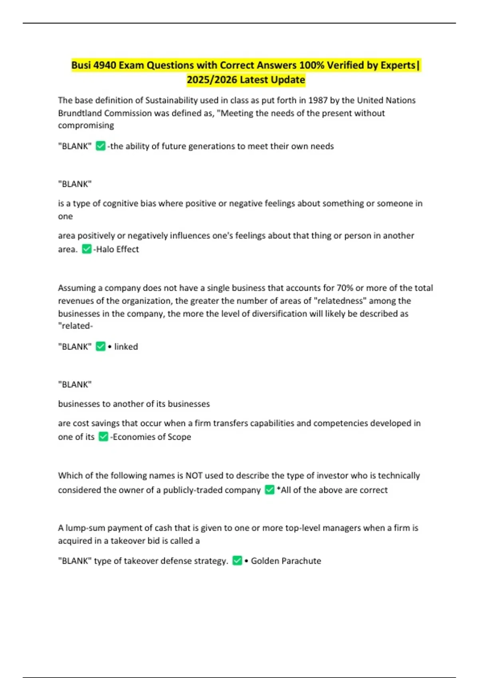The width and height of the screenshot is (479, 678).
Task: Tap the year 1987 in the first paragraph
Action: [318, 100]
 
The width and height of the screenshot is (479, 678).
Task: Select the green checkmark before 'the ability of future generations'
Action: [101, 146]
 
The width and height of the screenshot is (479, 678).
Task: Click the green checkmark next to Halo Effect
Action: [87, 249]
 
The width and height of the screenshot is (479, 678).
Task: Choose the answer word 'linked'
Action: [126, 347]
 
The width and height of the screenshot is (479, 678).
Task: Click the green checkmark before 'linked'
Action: [101, 347]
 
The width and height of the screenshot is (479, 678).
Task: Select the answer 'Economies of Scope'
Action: [152, 437]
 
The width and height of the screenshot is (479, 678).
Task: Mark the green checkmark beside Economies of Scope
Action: [103, 437]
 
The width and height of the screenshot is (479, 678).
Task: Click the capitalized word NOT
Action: [194, 475]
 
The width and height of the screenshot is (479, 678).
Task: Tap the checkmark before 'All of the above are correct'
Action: [270, 490]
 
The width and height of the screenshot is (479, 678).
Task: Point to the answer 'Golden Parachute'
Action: [286, 561]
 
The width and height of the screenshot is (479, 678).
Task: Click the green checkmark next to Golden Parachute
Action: [237, 561]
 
